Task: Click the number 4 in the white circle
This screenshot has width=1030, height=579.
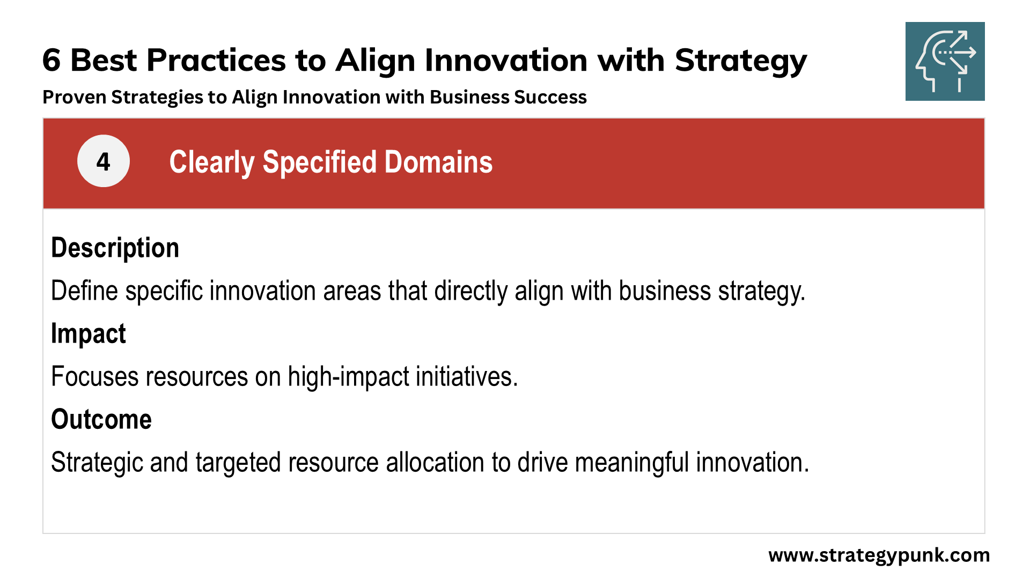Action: tap(103, 161)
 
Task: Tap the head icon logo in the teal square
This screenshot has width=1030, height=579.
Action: tap(945, 61)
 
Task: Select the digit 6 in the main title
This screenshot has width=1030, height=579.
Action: tap(51, 60)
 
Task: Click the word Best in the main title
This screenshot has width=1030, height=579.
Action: tap(104, 60)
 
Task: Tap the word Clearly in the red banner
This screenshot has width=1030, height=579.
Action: tap(212, 162)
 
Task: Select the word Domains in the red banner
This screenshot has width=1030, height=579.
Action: tap(438, 162)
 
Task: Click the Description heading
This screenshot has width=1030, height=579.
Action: tap(115, 248)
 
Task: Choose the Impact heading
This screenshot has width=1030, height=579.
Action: tap(89, 334)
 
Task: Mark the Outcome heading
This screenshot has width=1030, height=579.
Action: tap(101, 419)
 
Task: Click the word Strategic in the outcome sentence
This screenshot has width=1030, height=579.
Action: tap(97, 463)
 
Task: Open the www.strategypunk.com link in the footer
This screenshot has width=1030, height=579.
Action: tap(879, 555)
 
